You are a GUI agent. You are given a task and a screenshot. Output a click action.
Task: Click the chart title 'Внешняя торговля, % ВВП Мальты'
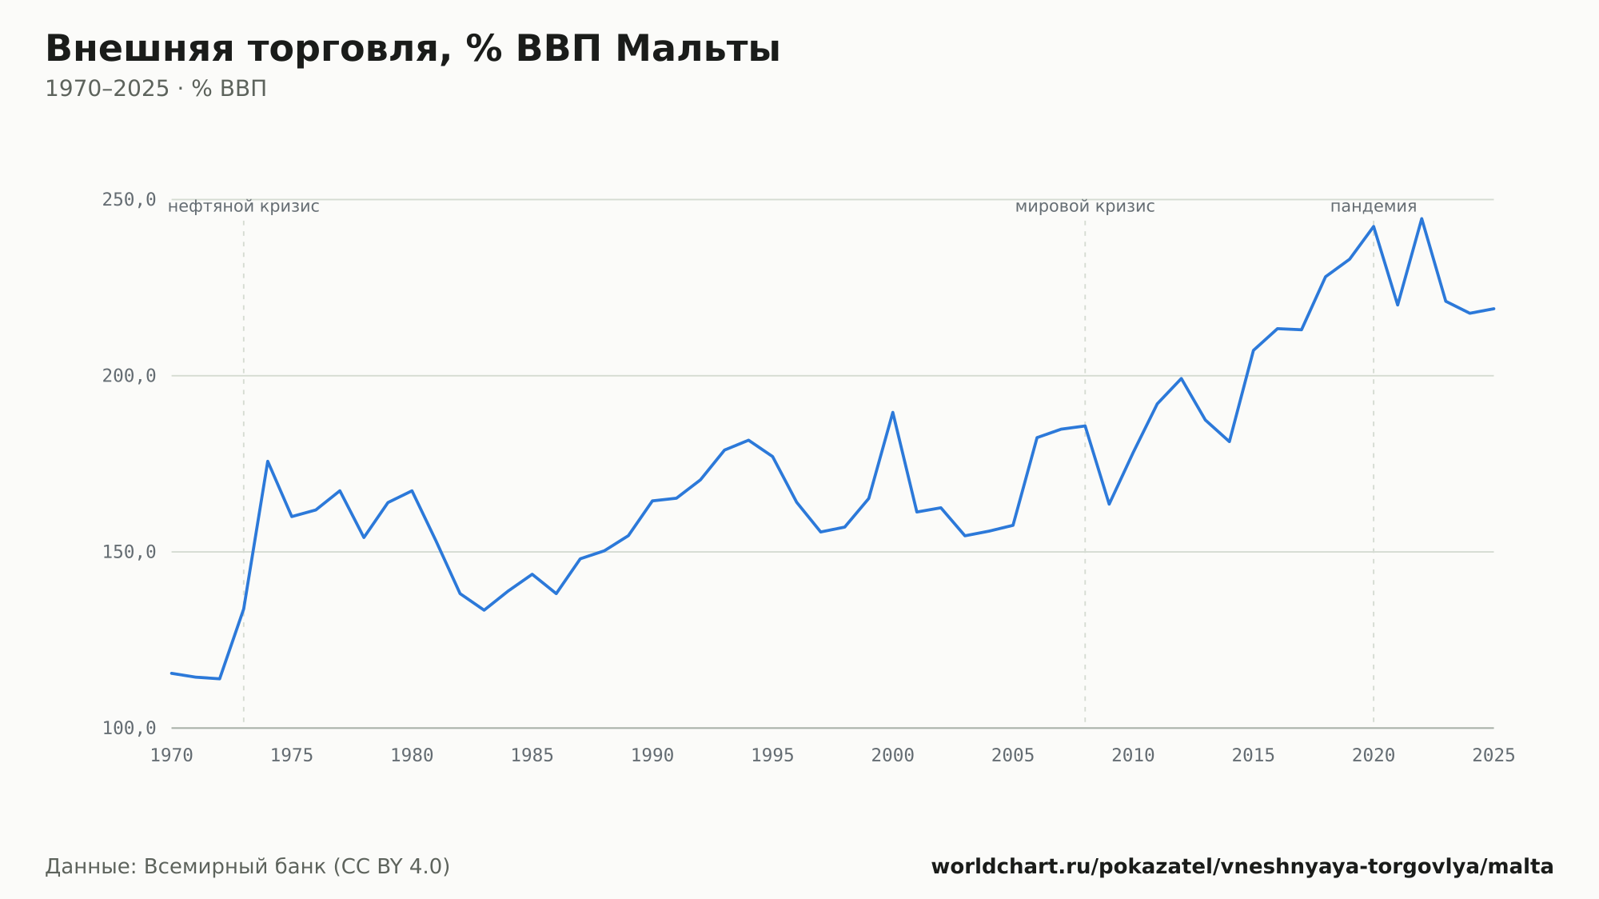coord(413,49)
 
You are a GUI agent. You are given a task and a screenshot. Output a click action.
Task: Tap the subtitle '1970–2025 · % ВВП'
coord(156,89)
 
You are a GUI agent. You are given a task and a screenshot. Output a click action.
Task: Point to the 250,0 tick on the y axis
coord(129,199)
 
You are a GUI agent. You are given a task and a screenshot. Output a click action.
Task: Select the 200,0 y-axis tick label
coord(129,375)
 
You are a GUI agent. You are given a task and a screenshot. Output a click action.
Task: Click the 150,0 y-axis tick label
coord(129,552)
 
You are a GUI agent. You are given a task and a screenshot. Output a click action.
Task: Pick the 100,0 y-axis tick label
coord(129,728)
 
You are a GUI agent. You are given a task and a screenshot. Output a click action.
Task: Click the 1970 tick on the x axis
coord(172,756)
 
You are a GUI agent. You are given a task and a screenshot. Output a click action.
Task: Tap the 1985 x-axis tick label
coord(532,756)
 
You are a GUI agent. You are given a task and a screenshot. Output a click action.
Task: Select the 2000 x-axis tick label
coord(893,756)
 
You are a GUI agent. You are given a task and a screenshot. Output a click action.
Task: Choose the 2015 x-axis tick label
coord(1254,756)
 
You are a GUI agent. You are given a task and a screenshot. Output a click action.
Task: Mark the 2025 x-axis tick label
coord(1493,756)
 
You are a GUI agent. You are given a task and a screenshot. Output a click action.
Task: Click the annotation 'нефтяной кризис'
coord(244,206)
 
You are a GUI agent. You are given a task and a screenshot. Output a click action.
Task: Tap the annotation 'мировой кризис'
coord(1085,206)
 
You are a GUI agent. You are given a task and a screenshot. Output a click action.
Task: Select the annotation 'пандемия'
coord(1374,206)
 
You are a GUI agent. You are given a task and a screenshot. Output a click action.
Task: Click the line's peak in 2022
coord(1422,218)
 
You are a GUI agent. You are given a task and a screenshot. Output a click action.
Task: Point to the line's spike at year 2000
coord(892,412)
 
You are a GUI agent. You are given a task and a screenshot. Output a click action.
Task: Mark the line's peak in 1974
coord(268,461)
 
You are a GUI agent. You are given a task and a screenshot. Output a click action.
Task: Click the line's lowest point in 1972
coord(220,679)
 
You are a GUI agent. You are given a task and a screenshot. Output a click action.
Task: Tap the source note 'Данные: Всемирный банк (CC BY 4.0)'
coord(248,867)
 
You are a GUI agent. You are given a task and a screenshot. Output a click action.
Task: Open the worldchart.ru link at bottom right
coord(1242,867)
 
